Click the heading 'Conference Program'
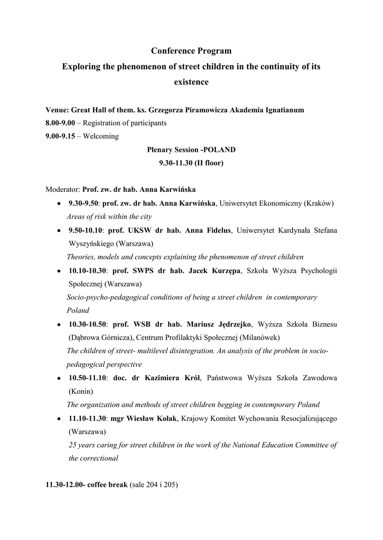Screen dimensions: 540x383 click(x=191, y=51)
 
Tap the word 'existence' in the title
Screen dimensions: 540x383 click(x=191, y=82)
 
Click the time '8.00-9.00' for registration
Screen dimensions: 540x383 click(x=60, y=123)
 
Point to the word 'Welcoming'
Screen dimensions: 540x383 click(x=101, y=136)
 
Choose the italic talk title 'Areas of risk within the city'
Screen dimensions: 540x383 click(x=109, y=216)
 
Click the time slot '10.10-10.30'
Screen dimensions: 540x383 click(x=88, y=271)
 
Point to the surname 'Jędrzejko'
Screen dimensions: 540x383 click(x=234, y=324)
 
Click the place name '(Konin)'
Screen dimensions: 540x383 click(x=81, y=392)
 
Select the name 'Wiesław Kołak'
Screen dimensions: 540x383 click(x=156, y=418)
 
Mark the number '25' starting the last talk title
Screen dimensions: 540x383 click(x=73, y=445)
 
